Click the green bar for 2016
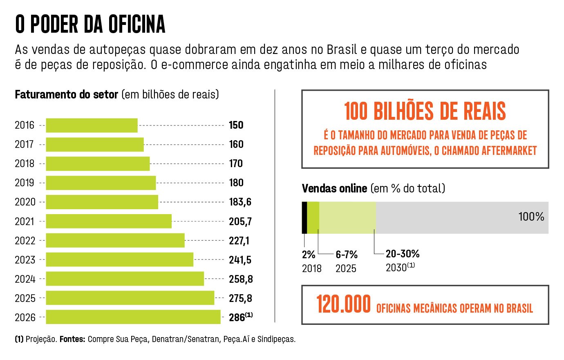[x=92, y=125]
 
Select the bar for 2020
[x=102, y=202]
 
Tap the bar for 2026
[x=133, y=317]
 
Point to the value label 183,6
[x=240, y=202]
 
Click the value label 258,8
[x=241, y=279]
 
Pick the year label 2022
[x=25, y=241]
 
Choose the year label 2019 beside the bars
[x=25, y=183]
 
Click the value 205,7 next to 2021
[x=240, y=221]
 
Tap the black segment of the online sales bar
[x=304, y=217]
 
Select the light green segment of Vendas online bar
[x=347, y=217]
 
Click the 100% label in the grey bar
[x=531, y=217]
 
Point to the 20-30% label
[x=403, y=254]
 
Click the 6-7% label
[x=347, y=255]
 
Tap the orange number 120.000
[x=343, y=304]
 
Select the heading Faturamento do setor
[x=66, y=94]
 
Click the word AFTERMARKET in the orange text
[x=509, y=151]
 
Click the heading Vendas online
[x=334, y=188]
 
